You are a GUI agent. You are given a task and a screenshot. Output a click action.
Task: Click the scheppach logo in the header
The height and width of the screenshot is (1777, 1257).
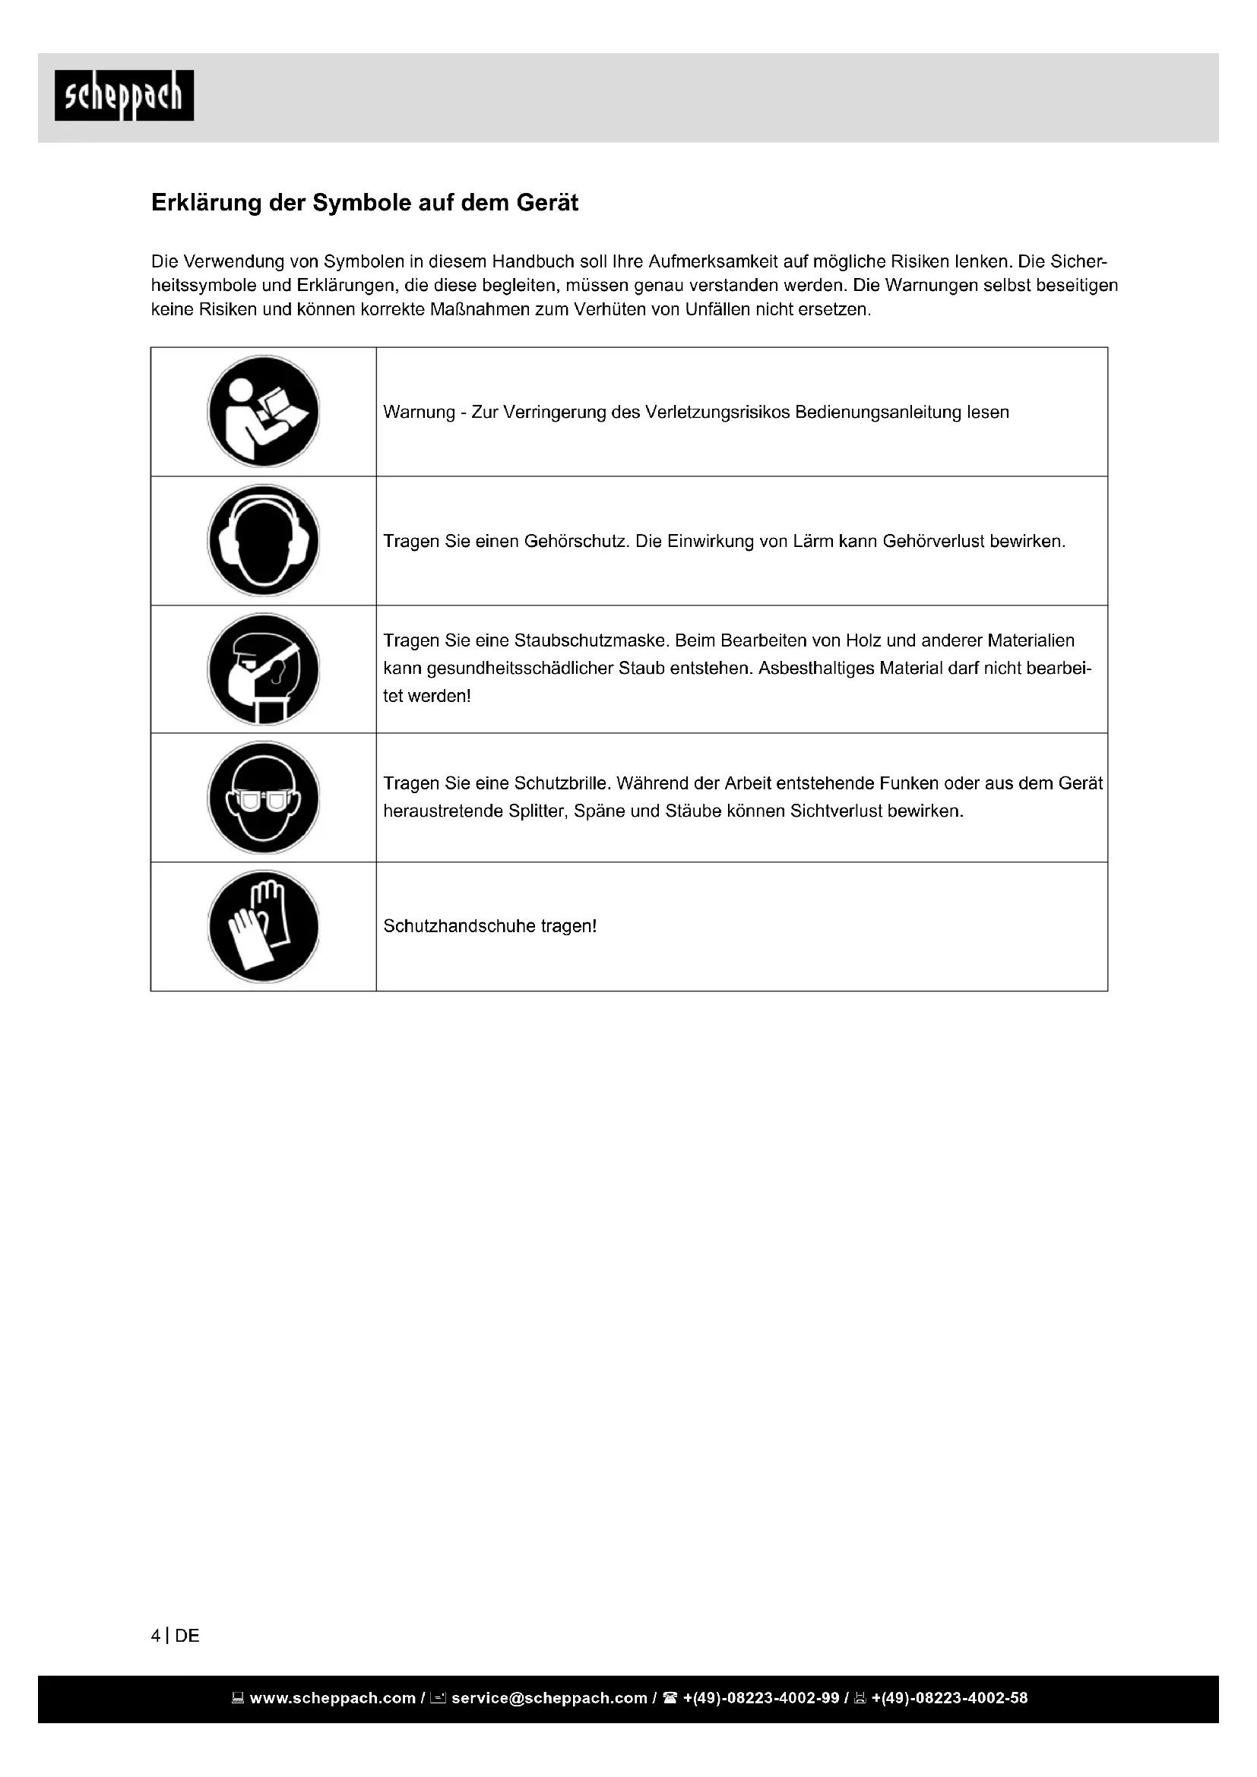click(x=124, y=95)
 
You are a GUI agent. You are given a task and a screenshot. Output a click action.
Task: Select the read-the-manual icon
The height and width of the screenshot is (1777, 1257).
click(x=263, y=412)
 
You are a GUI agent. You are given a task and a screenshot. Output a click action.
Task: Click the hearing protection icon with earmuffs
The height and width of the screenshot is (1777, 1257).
click(x=263, y=540)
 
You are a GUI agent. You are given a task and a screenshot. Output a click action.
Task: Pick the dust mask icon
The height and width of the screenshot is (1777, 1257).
click(x=263, y=669)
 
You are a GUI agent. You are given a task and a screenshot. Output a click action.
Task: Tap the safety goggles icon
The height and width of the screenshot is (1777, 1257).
click(x=263, y=797)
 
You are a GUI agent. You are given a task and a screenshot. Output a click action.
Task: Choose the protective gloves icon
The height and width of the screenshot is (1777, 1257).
click(x=263, y=926)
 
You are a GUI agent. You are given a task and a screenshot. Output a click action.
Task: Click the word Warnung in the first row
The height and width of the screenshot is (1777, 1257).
click(x=419, y=413)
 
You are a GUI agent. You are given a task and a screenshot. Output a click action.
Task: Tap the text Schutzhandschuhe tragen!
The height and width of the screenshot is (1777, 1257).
click(x=490, y=926)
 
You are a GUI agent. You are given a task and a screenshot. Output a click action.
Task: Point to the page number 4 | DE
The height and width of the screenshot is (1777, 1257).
click(x=176, y=1636)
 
